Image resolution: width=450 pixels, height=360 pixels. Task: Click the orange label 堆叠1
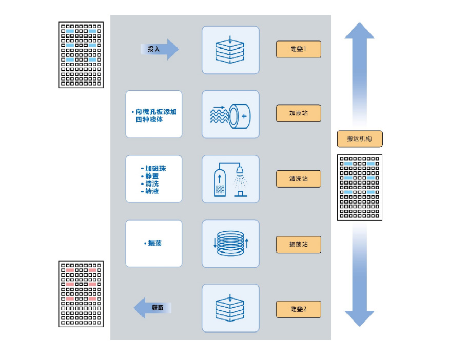pos(298,49)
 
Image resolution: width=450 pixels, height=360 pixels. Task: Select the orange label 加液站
pos(298,113)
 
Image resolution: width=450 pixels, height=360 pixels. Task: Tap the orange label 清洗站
pos(298,179)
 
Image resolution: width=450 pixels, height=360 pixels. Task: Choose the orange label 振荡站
pos(298,245)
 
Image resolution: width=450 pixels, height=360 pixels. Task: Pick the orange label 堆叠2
pos(298,309)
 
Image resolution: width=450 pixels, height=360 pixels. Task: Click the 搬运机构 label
pos(360,138)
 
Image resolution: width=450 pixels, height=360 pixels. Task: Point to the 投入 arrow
pos(160,49)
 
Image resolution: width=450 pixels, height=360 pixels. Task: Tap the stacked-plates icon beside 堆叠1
pos(230,50)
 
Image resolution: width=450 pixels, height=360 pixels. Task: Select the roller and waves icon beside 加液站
pos(230,114)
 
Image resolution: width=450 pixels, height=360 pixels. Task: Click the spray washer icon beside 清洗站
pos(230,179)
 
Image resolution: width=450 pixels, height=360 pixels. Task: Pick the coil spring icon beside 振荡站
pos(230,244)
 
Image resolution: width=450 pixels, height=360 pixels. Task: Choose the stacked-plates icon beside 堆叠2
pos(230,308)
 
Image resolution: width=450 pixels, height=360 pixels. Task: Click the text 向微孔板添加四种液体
pos(154,115)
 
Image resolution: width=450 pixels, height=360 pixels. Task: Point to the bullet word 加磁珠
pos(155,168)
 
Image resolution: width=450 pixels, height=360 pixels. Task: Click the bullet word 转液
pos(152,191)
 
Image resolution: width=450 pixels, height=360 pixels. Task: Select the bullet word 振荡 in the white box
pos(154,243)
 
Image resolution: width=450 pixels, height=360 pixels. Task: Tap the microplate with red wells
pos(81,294)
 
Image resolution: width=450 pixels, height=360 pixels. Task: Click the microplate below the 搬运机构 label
pos(359,188)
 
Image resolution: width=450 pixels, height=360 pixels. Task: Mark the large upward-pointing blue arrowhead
pos(359,32)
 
